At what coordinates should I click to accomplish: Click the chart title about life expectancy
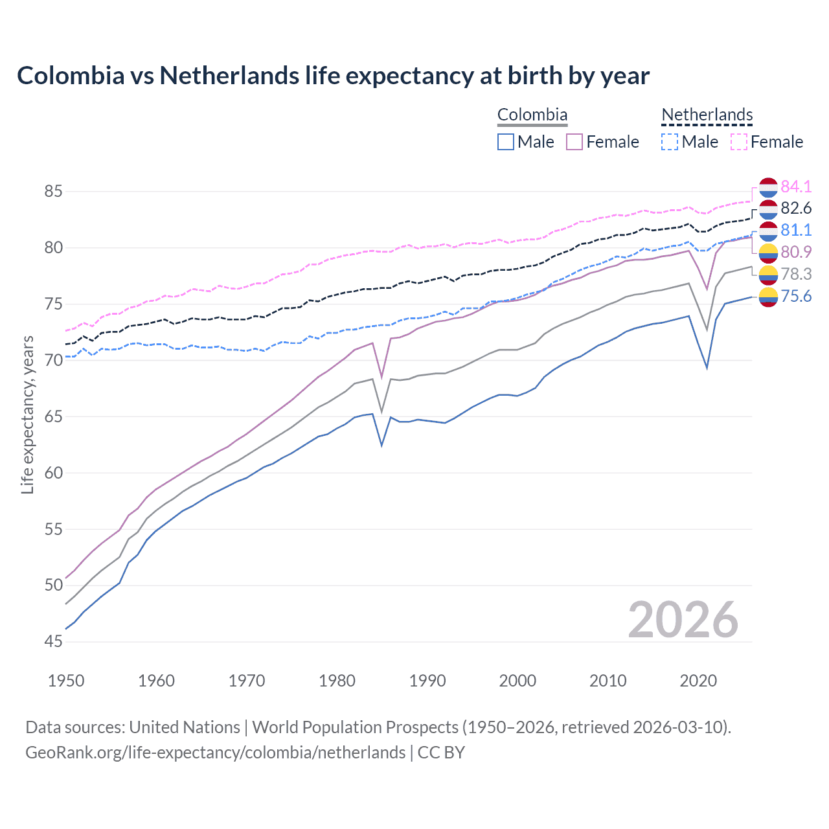point(333,76)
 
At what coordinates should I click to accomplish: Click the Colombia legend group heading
point(532,115)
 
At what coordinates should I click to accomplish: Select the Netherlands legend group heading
point(707,115)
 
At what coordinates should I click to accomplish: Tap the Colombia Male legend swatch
point(506,142)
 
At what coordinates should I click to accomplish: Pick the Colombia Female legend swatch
point(574,142)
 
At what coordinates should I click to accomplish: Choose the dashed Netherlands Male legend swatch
point(670,142)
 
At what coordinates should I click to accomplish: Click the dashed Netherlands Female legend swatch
point(739,142)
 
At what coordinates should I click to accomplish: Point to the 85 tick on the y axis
point(53,192)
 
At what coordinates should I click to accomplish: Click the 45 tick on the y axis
point(53,642)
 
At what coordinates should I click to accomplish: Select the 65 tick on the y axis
point(53,416)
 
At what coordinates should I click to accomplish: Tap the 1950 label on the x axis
point(66,681)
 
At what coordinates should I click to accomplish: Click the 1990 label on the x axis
point(427,681)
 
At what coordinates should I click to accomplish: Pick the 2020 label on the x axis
point(698,681)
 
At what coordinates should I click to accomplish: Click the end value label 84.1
point(796,187)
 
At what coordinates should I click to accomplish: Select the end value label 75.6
point(796,296)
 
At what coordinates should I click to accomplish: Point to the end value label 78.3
point(796,274)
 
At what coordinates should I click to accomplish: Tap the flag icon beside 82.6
point(768,209)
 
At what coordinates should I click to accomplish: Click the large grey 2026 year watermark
point(683,620)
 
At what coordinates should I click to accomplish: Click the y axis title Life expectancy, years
point(28,415)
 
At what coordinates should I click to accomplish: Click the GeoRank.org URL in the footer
point(215,753)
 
